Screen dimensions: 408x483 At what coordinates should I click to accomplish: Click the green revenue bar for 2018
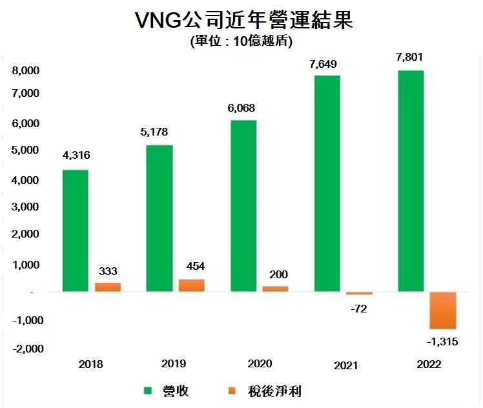point(76,230)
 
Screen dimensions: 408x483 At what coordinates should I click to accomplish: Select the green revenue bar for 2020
point(243,206)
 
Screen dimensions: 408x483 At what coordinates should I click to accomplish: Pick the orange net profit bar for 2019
point(191,285)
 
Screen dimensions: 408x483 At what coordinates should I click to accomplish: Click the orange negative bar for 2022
point(444,311)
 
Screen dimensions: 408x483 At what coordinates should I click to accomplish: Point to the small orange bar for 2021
point(360,294)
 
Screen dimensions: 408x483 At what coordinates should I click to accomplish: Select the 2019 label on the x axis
point(175,363)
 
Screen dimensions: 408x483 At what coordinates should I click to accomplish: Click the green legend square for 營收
point(147,391)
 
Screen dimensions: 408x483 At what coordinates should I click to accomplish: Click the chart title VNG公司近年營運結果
point(241,20)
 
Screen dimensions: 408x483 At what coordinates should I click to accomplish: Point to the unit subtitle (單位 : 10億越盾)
point(241,42)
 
